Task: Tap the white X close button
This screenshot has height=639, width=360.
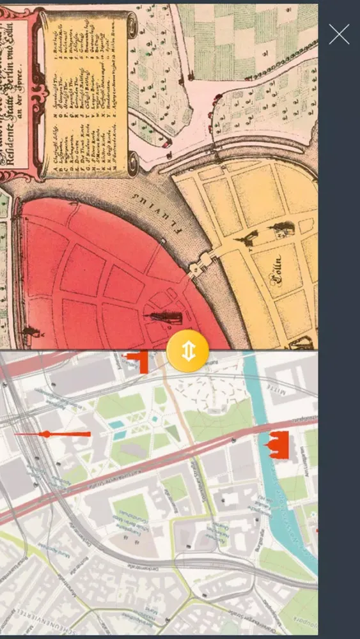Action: click(339, 34)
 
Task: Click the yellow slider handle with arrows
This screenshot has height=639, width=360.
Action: click(187, 351)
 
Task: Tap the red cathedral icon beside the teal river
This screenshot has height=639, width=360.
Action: click(278, 445)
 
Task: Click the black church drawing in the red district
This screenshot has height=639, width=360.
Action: click(165, 317)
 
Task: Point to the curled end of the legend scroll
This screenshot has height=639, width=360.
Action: click(132, 26)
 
